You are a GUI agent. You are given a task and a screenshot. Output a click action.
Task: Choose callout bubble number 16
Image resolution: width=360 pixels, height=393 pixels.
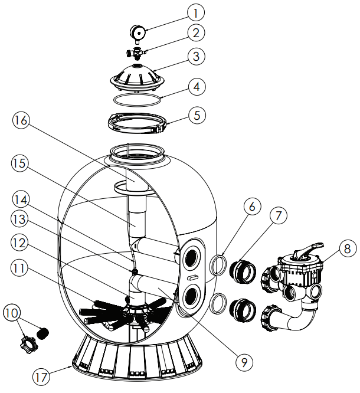(x=21, y=120)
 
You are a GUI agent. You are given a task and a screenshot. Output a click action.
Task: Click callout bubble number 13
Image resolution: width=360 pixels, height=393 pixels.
(x=21, y=220)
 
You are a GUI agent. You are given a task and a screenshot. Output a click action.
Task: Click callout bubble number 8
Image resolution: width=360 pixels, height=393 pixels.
(x=348, y=249)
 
